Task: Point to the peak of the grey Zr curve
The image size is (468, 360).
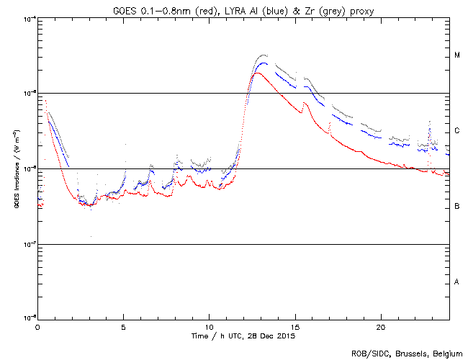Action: pyautogui.click(x=264, y=55)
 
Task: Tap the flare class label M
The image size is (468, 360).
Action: pyautogui.click(x=456, y=55)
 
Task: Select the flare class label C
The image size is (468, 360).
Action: pyautogui.click(x=456, y=131)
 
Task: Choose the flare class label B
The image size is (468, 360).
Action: pyautogui.click(x=456, y=207)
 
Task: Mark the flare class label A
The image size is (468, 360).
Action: pyautogui.click(x=456, y=282)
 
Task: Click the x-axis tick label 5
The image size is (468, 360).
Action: pyautogui.click(x=123, y=326)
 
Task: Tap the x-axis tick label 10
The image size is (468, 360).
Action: pyautogui.click(x=209, y=326)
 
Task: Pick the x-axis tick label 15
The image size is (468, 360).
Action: pyautogui.click(x=294, y=326)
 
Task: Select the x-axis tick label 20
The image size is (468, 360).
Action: pyautogui.click(x=380, y=326)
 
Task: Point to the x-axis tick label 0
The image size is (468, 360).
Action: pyautogui.click(x=37, y=326)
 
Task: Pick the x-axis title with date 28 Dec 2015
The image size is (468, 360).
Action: pyautogui.click(x=243, y=336)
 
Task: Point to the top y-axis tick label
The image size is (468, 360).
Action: pyautogui.click(x=30, y=18)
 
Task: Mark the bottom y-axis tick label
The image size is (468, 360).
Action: pyautogui.click(x=30, y=318)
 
